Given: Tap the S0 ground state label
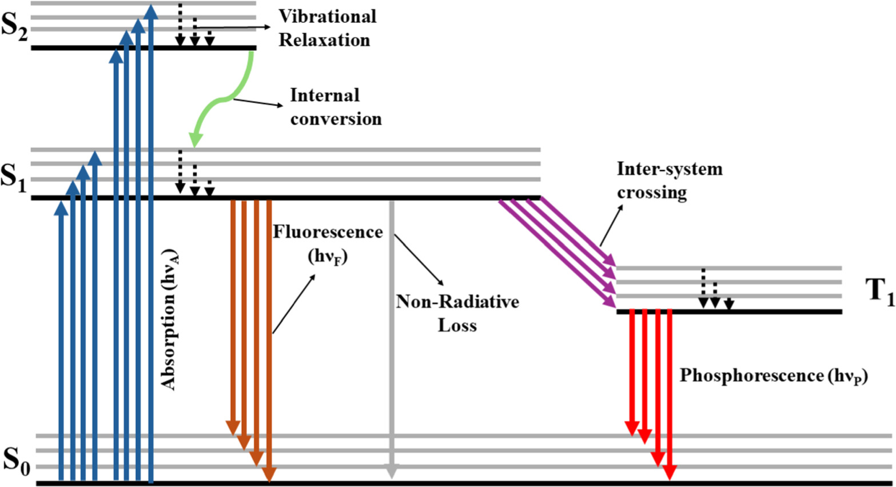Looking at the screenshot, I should (x=16, y=460).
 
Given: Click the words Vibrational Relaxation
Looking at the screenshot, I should (x=326, y=28).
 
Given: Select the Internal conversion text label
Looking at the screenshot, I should (x=335, y=107).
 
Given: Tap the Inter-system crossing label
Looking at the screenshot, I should (x=669, y=180).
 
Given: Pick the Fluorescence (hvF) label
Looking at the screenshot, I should (x=328, y=243).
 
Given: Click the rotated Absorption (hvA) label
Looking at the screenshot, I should (x=170, y=320).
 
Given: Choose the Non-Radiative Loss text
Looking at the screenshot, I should (x=457, y=313).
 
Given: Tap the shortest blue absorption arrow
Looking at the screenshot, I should (x=61, y=343).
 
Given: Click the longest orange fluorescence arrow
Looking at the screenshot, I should (x=269, y=343).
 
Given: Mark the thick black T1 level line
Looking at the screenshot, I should (x=729, y=312).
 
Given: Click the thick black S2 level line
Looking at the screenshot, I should (x=143, y=47).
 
